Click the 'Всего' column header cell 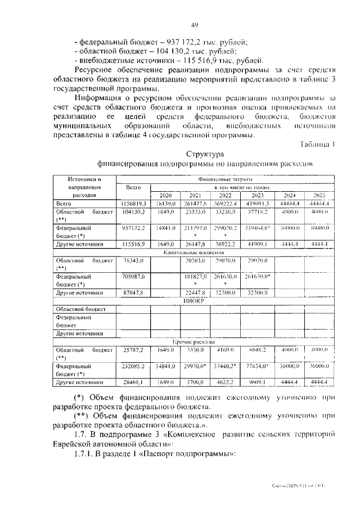[133, 187]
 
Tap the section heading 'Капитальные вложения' [193, 254]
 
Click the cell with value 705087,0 [134, 277]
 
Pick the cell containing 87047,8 [134, 293]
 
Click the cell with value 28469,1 [134, 382]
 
